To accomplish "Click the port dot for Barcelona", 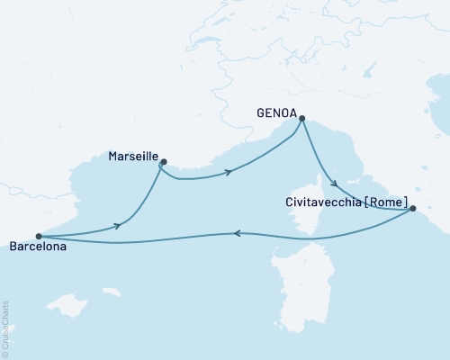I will tap(38, 237).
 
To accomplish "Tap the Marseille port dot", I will tap(163, 163).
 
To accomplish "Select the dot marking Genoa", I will tap(302, 118).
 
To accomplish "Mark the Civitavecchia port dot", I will tap(412, 209).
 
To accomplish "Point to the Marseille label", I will tap(132, 156).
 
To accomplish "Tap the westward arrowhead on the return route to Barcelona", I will tap(237, 233).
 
